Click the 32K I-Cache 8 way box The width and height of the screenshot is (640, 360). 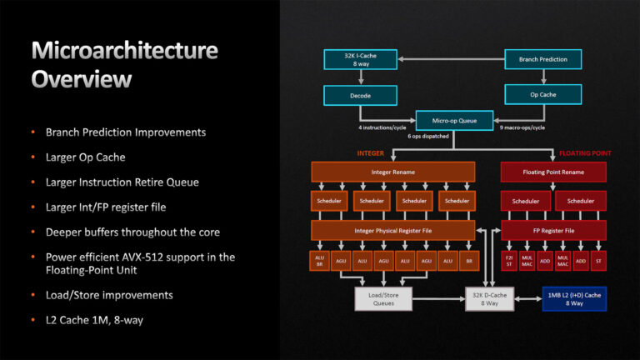click(361, 59)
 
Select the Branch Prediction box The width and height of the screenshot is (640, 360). click(543, 59)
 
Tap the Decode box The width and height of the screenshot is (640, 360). click(361, 96)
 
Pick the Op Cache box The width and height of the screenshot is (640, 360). click(543, 96)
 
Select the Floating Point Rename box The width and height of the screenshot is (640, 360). click(553, 172)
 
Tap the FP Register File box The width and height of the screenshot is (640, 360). click(553, 230)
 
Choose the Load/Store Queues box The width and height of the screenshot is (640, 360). click(382, 298)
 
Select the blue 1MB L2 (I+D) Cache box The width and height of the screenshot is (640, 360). click(574, 298)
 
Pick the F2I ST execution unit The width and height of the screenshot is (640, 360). click(508, 261)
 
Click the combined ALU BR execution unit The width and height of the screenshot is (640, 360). click(320, 261)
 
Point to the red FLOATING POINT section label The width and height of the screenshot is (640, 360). click(586, 153)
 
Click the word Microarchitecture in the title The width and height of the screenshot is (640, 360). click(124, 51)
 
